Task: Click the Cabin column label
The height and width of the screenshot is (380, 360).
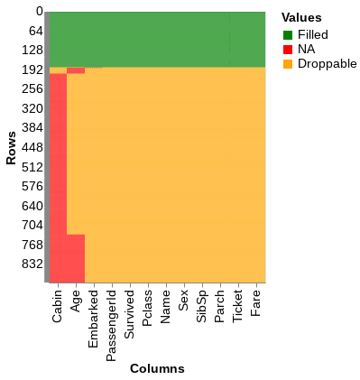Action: [x=58, y=307]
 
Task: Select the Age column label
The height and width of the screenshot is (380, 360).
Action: [x=76, y=301]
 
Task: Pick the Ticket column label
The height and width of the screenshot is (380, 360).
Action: [x=238, y=307]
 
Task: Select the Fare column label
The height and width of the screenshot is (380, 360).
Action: [x=256, y=303]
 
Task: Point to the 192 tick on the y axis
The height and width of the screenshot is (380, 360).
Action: [x=32, y=70]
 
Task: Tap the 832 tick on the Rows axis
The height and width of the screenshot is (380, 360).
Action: [x=32, y=264]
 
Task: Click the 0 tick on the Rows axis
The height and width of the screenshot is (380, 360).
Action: [x=39, y=12]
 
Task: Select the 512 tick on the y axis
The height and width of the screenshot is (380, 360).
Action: [x=32, y=167]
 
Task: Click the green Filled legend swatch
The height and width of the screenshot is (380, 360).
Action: [x=287, y=35]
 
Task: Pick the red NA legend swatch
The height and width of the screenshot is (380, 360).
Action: [x=287, y=50]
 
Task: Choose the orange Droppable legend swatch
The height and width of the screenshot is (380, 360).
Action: [x=287, y=64]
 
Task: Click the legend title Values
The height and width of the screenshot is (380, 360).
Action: [x=301, y=17]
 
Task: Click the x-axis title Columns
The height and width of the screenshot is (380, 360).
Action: [x=157, y=368]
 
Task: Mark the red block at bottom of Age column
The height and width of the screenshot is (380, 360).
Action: [x=76, y=258]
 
